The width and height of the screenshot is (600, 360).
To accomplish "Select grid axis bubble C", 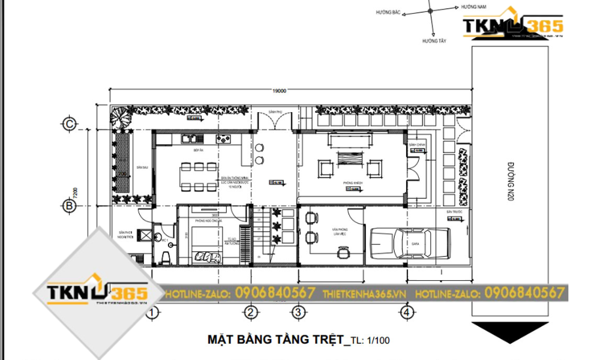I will tap(70, 124).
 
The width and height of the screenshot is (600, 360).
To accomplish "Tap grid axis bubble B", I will tap(70, 205).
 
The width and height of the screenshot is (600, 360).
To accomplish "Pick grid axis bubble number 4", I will tap(407, 312).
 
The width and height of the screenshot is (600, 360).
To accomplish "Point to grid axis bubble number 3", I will tap(296, 312).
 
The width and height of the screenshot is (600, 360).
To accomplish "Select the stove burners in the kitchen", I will tap(225, 139).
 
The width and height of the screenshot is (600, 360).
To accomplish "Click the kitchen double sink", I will tap(190, 139).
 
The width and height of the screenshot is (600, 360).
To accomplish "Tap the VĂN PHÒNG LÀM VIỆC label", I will tap(341, 231).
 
